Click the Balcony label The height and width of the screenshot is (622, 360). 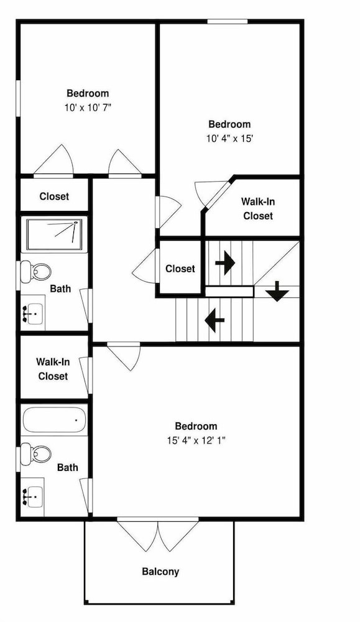click(160, 572)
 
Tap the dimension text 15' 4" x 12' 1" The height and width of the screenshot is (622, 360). click(196, 440)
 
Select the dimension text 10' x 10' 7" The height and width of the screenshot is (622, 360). click(88, 108)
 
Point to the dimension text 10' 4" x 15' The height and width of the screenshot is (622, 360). click(229, 139)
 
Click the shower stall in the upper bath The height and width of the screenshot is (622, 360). click(54, 234)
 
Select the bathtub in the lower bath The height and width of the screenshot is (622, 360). click(54, 419)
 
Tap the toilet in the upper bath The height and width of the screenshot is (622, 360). click(35, 272)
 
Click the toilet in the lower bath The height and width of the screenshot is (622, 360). click(35, 454)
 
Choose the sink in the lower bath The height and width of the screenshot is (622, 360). click(32, 496)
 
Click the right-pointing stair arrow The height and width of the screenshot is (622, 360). click(225, 263)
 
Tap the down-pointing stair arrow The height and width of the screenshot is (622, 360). click(277, 292)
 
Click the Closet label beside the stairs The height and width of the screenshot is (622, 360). click(180, 269)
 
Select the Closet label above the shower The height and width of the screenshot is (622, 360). click(54, 197)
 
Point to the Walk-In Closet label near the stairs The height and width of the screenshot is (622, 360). click(257, 208)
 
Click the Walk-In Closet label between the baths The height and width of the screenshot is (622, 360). click(53, 369)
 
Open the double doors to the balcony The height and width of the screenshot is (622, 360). click(158, 534)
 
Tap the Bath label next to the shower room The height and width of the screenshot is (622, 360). click(61, 289)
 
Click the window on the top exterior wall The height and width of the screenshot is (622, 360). click(228, 21)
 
